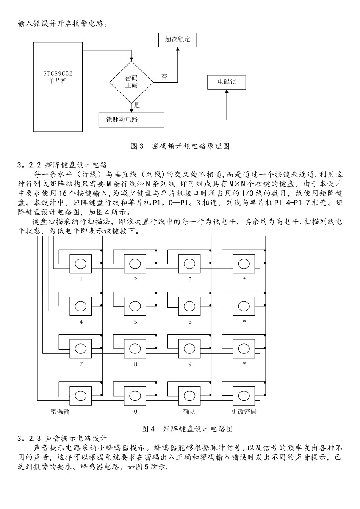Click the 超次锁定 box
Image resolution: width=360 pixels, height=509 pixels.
[178, 39]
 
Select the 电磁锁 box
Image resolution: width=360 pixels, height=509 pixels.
[227, 82]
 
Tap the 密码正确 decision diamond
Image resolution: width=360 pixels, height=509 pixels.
[131, 82]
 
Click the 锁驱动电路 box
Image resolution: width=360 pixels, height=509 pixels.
[131, 120]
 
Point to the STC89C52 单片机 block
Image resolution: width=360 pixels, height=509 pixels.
[58, 87]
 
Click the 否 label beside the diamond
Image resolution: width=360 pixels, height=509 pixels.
[164, 77]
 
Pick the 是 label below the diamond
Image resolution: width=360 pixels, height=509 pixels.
[137, 106]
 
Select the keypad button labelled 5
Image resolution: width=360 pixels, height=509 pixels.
[135, 305]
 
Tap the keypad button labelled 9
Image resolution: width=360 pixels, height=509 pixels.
[190, 348]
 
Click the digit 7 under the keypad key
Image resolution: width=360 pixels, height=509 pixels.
[81, 364]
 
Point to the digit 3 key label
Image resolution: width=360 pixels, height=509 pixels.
[190, 279]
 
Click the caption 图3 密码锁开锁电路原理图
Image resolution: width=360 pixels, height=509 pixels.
[180, 146]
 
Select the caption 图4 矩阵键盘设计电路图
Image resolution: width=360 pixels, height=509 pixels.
[187, 429]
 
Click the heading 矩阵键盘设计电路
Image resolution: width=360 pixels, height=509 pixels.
[76, 165]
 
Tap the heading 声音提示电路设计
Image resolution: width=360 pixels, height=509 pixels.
[76, 439]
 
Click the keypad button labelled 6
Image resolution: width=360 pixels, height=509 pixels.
[190, 305]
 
